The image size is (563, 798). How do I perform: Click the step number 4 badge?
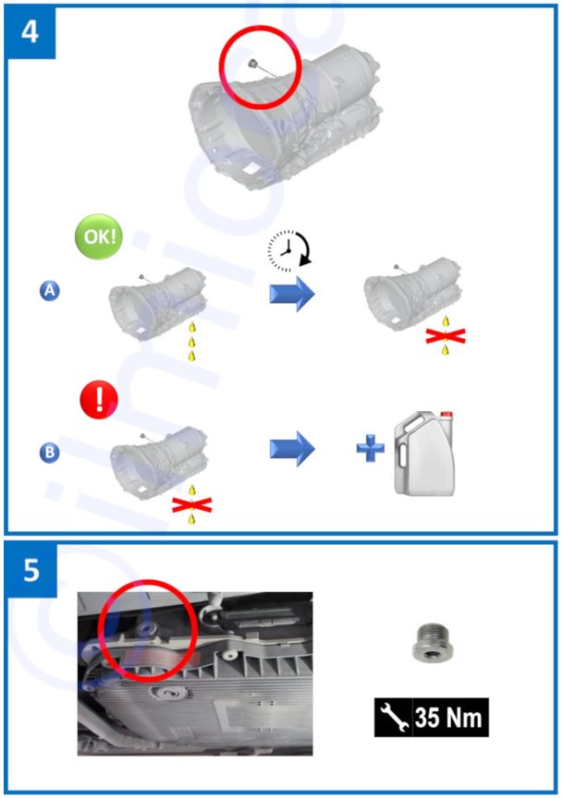click(31, 31)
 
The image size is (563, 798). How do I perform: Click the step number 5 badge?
click(31, 570)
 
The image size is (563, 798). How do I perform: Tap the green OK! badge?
click(99, 236)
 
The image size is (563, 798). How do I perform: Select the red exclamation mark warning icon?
click(99, 400)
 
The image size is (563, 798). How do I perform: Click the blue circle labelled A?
click(49, 291)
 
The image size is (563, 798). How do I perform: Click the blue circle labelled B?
click(49, 452)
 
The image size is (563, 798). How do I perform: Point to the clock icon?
click(287, 248)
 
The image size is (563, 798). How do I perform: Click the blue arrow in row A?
click(292, 294)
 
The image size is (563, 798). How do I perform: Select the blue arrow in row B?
click(292, 448)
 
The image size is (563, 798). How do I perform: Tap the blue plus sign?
click(371, 448)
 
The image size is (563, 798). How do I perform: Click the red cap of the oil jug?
click(447, 415)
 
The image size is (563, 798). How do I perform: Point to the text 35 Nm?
click(448, 718)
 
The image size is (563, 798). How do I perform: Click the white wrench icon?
click(394, 717)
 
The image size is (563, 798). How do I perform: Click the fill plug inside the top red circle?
click(252, 63)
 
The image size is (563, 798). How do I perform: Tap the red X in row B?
click(191, 505)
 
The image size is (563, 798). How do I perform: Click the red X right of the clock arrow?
click(446, 336)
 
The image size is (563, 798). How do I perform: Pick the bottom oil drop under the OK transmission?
click(192, 356)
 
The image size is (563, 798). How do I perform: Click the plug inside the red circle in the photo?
click(146, 627)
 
